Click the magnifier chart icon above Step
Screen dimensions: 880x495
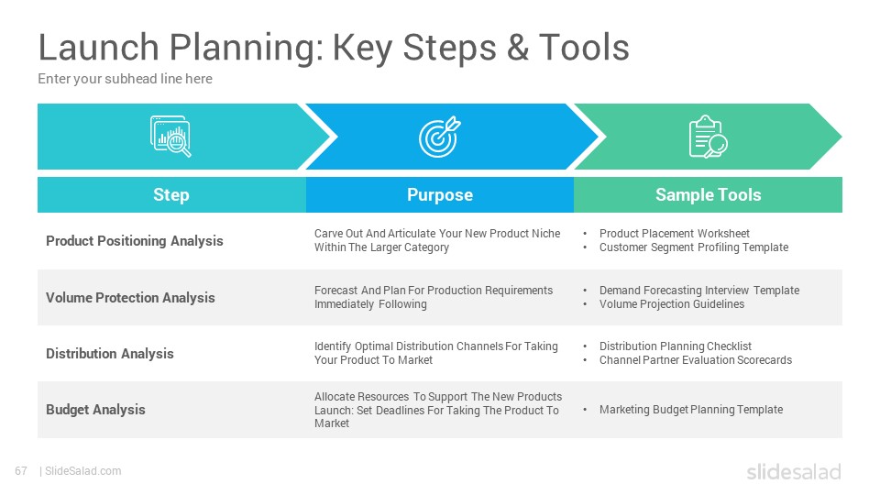click(170, 137)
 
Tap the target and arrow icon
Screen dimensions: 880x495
click(439, 137)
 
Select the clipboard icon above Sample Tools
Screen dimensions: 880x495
click(708, 137)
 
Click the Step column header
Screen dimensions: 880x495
click(171, 194)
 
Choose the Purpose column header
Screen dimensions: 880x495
click(440, 194)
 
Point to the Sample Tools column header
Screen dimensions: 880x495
click(709, 194)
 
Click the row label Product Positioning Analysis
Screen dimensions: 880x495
click(135, 241)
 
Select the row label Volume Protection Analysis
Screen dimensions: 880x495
click(130, 297)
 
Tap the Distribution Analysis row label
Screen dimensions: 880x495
click(110, 354)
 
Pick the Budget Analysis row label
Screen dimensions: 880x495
click(95, 410)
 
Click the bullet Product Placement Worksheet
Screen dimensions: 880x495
click(674, 234)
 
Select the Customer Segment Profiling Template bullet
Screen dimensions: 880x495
click(694, 247)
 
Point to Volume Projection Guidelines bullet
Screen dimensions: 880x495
click(672, 304)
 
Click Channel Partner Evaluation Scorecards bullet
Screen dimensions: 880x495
click(696, 360)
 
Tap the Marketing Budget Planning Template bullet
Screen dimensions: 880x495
click(691, 410)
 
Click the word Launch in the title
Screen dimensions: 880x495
click(99, 47)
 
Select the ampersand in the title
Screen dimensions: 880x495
click(517, 47)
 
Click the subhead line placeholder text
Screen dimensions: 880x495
click(126, 79)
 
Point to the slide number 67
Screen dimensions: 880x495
click(21, 471)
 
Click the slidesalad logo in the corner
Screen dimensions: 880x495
click(794, 472)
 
